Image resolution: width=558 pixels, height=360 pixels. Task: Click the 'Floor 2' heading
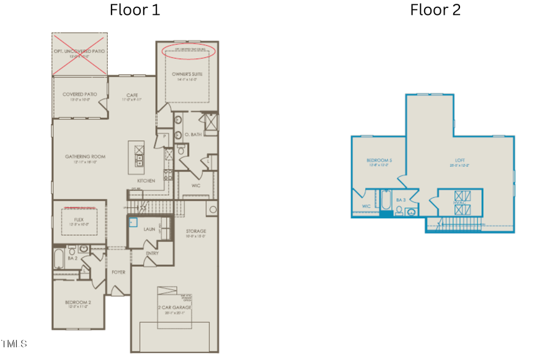point(435,10)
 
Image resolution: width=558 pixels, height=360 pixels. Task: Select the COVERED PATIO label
point(79,95)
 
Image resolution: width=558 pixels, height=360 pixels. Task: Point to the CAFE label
point(132,95)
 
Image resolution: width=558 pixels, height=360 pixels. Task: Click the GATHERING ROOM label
point(86,157)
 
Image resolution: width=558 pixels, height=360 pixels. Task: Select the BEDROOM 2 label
point(78,302)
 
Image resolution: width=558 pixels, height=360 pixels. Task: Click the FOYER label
point(118,271)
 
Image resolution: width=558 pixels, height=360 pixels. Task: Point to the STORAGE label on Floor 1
point(196,231)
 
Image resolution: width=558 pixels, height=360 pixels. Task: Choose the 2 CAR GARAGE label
point(174,307)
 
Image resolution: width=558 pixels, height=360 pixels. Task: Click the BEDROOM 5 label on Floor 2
point(378,160)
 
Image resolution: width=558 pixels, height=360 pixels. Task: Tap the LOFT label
point(459,160)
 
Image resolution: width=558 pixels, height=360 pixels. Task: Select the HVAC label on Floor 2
point(459,202)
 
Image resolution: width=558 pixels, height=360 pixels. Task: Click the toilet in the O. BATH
point(180,149)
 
